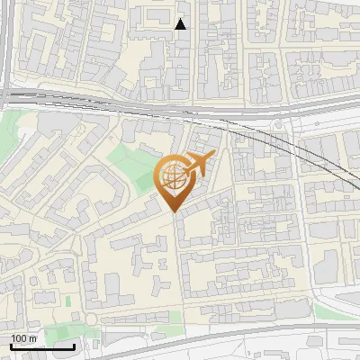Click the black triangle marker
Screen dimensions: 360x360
[x=181, y=24]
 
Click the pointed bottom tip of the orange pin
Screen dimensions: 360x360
[x=174, y=211]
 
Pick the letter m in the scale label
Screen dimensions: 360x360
[x=33, y=338]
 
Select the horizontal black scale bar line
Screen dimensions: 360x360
[x=41, y=346]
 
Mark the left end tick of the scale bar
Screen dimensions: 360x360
[x=11, y=345]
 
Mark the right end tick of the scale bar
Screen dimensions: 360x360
[x=73, y=345]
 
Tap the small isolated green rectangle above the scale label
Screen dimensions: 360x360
[x=68, y=301]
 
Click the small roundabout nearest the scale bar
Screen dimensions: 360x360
[x=91, y=319]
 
